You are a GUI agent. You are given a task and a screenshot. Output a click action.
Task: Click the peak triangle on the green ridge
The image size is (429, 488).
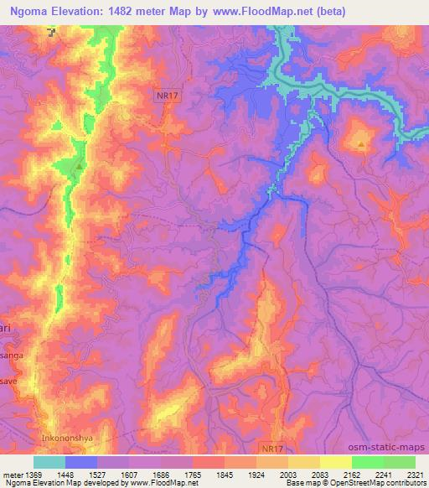tap(79, 165)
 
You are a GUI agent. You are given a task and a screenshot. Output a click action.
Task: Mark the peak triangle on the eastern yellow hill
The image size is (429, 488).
tap(360, 144)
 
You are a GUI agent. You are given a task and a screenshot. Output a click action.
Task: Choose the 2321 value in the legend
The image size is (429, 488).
tap(416, 475)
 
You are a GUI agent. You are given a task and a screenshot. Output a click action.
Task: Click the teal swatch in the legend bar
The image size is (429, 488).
tap(49, 462)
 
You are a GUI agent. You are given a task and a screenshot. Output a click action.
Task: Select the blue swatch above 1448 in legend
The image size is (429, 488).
tap(81, 462)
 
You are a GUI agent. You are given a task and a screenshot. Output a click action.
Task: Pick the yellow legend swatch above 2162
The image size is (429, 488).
tap(336, 462)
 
